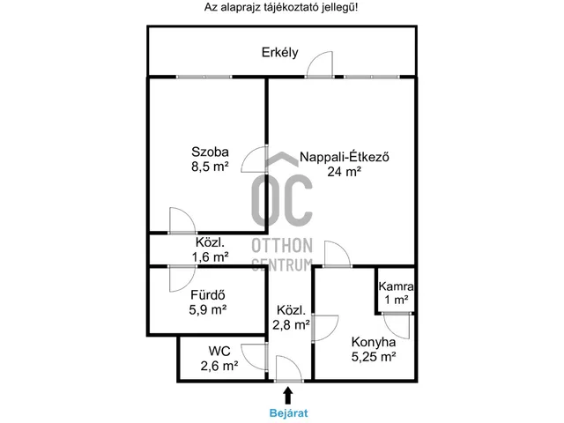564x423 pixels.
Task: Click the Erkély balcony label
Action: pyautogui.click(x=280, y=53)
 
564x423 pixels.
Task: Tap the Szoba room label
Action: pyautogui.click(x=210, y=152)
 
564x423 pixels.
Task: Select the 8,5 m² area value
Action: pyautogui.click(x=210, y=167)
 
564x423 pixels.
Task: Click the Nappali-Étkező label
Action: pyautogui.click(x=345, y=157)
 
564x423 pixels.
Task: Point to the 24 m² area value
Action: pyautogui.click(x=345, y=172)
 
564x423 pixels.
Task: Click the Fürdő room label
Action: pyautogui.click(x=208, y=295)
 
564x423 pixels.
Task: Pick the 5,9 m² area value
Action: pyautogui.click(x=208, y=309)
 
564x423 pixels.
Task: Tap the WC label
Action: pyautogui.click(x=219, y=351)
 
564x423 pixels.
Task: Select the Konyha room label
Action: pyautogui.click(x=374, y=342)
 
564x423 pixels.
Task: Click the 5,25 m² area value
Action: pyautogui.click(x=374, y=357)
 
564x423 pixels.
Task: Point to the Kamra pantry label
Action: pyautogui.click(x=396, y=286)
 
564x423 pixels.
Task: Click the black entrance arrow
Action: pyautogui.click(x=287, y=396)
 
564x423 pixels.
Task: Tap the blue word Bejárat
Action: pyautogui.click(x=288, y=413)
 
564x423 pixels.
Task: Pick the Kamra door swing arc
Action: pyautogui.click(x=390, y=330)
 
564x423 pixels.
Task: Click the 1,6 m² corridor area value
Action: pyautogui.click(x=210, y=257)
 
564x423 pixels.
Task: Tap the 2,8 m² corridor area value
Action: pyautogui.click(x=291, y=325)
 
